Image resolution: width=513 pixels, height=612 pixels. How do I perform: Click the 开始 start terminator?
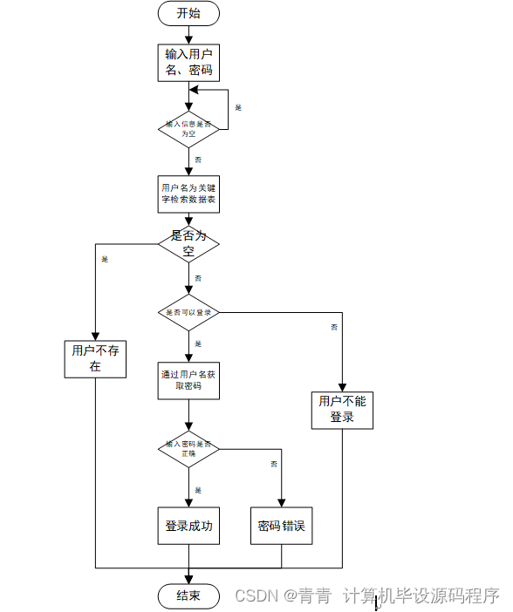[188, 13]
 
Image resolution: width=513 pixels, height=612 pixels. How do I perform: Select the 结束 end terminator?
[188, 596]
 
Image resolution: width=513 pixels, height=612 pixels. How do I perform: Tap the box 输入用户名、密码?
[188, 62]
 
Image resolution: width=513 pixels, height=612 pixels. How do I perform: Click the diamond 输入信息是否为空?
[188, 129]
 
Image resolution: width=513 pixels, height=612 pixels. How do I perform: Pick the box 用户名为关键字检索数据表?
[188, 194]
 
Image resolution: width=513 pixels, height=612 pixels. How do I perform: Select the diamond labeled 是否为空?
[188, 243]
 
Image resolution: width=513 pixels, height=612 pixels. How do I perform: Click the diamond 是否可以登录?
[188, 312]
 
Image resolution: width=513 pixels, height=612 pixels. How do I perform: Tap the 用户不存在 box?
[95, 358]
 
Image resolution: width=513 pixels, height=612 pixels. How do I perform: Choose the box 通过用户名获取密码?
[188, 380]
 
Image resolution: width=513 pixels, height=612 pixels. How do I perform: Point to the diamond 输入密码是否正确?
[188, 449]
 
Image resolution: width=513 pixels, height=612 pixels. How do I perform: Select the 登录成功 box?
[188, 527]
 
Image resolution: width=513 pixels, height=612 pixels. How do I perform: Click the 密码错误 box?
[280, 527]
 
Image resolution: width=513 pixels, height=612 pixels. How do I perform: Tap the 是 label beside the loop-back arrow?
[238, 107]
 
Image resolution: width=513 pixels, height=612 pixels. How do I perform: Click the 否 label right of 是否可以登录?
[334, 327]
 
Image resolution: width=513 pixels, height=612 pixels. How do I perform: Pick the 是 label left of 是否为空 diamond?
[105, 259]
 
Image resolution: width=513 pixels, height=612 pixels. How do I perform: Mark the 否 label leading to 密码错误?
[274, 463]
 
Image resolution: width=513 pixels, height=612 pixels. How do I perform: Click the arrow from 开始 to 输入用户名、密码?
[188, 33]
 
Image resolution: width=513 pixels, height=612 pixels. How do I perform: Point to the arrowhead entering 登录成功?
[188, 502]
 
